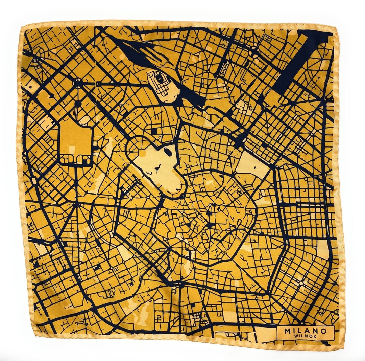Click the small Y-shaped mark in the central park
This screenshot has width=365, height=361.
tap(157, 167)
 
